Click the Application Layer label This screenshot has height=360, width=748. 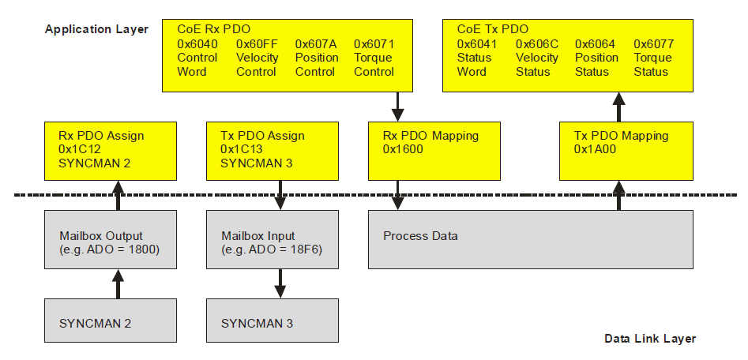click(x=96, y=29)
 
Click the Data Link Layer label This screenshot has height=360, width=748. click(x=650, y=338)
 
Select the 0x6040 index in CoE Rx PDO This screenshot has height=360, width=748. click(x=197, y=43)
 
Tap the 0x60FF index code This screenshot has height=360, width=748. click(x=257, y=43)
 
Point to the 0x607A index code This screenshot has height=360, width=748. click(x=316, y=43)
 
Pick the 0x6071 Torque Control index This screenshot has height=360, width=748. click(x=374, y=43)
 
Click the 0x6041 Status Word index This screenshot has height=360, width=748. click(x=477, y=43)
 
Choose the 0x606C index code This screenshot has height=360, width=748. click(x=536, y=43)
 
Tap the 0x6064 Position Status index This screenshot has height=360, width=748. click(x=596, y=43)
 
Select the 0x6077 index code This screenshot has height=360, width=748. click(x=654, y=43)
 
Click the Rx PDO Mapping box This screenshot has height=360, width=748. click(x=434, y=150)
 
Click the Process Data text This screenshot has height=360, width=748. click(x=420, y=236)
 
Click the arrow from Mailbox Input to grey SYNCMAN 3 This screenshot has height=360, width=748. click(x=279, y=283)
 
